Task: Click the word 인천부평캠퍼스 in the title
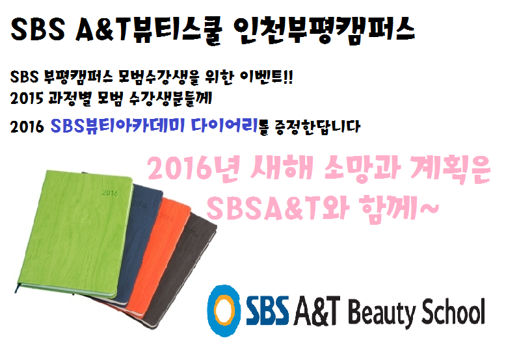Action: click(x=324, y=29)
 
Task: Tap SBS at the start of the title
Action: click(x=38, y=29)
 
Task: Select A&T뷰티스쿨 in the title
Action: click(x=149, y=29)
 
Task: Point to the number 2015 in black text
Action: click(x=27, y=99)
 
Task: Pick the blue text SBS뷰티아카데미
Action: click(x=118, y=126)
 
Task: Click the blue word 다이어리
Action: click(x=224, y=126)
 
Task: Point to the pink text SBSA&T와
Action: click(x=278, y=207)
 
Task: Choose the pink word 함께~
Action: click(x=400, y=207)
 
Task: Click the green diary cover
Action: click(x=75, y=234)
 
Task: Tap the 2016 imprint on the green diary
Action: click(x=110, y=193)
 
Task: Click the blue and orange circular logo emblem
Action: click(x=224, y=310)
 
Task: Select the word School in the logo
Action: click(x=453, y=311)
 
